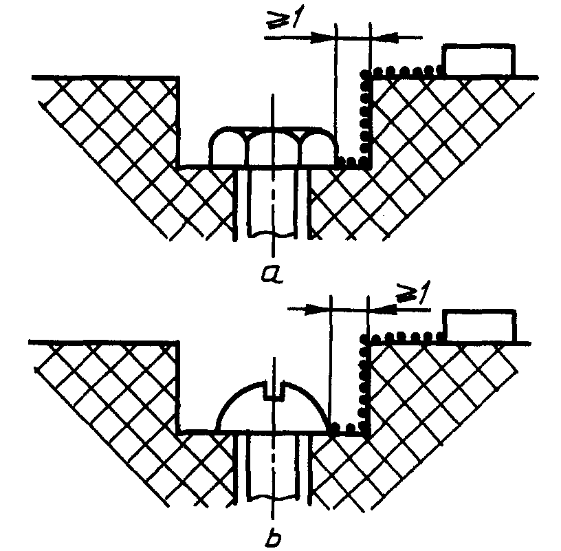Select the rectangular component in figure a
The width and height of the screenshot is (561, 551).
click(x=478, y=61)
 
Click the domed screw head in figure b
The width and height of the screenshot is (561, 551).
click(x=272, y=409)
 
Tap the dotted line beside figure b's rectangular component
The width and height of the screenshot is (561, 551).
click(x=406, y=337)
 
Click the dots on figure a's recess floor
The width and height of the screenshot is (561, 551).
click(x=352, y=162)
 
